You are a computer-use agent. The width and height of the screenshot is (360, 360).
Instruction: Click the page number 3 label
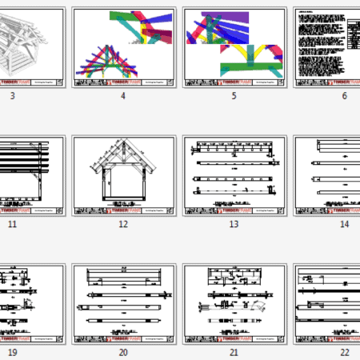12,96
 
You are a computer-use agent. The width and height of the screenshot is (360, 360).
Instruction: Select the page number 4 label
123,96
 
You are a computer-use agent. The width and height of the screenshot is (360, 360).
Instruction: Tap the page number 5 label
234,96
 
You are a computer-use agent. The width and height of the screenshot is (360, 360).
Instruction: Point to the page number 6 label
344,96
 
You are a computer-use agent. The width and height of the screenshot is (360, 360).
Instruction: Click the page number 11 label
12,224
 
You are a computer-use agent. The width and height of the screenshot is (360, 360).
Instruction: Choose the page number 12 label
123,224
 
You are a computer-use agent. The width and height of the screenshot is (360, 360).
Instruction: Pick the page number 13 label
234,224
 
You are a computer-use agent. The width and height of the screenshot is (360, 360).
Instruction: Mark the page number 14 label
344,224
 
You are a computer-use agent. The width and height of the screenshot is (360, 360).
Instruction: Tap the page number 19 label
12,352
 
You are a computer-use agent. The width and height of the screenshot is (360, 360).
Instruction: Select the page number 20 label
123,352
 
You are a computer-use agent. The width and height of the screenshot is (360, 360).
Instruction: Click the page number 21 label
234,352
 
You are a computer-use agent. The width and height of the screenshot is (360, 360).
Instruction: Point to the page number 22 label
344,352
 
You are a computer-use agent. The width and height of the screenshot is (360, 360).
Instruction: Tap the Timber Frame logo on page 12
122,210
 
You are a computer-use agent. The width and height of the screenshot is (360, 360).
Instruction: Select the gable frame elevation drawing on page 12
123,171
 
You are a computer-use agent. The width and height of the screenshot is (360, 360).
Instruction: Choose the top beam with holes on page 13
233,150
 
